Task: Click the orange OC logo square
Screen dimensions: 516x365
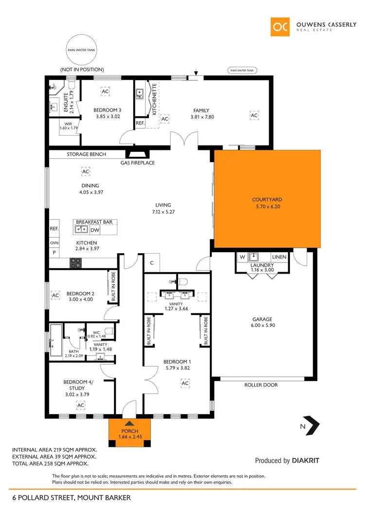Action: pyautogui.click(x=281, y=27)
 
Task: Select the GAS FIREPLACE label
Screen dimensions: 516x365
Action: pyautogui.click(x=138, y=163)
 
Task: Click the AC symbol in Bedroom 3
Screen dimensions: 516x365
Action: pyautogui.click(x=105, y=91)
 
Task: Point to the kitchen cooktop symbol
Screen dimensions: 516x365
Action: pyautogui.click(x=77, y=262)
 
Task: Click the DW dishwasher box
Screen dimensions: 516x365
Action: pyautogui.click(x=95, y=230)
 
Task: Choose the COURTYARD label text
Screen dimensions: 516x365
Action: pyautogui.click(x=267, y=200)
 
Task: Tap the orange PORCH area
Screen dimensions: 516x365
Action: pyautogui.click(x=130, y=434)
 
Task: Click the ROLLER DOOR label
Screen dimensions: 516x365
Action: pyautogui.click(x=261, y=385)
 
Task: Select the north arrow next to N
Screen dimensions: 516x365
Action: pyautogui.click(x=311, y=424)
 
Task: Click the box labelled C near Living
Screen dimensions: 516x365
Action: pyautogui.click(x=152, y=263)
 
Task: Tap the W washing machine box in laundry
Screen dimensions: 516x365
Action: pyautogui.click(x=241, y=257)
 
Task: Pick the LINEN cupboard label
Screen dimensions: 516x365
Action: pyautogui.click(x=279, y=257)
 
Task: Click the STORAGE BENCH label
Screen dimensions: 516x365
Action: pyautogui.click(x=85, y=154)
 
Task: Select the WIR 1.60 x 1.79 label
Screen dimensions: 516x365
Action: pyautogui.click(x=65, y=126)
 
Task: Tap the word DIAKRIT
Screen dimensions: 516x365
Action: pyautogui.click(x=306, y=460)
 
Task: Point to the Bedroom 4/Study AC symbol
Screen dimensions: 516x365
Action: pyautogui.click(x=81, y=405)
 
